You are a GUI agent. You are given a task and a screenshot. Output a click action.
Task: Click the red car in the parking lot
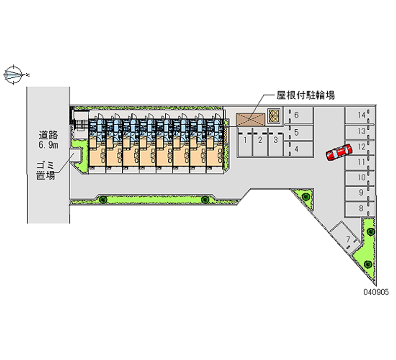[339, 153]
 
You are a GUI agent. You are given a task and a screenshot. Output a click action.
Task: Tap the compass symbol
[14, 75]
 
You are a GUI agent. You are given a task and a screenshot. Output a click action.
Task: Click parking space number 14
[359, 115]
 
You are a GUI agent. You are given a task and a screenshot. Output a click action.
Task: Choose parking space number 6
[299, 116]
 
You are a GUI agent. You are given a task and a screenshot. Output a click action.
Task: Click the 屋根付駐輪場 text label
[305, 96]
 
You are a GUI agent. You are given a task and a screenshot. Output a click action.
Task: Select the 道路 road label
[48, 135]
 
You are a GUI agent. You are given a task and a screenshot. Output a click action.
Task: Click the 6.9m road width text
[48, 145]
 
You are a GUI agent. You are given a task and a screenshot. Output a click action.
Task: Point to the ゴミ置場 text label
[46, 171]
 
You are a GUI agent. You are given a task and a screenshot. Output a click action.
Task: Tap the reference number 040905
[376, 292]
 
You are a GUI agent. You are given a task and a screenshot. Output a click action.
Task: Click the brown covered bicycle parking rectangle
[250, 119]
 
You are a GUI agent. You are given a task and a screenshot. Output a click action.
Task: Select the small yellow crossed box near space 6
[274, 116]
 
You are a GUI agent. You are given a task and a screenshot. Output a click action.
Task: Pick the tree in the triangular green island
[306, 196]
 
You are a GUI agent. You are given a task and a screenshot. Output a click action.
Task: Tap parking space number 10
[359, 178]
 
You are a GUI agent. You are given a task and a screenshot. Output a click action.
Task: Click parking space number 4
[299, 149]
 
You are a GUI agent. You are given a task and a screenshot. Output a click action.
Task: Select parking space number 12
[359, 147]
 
